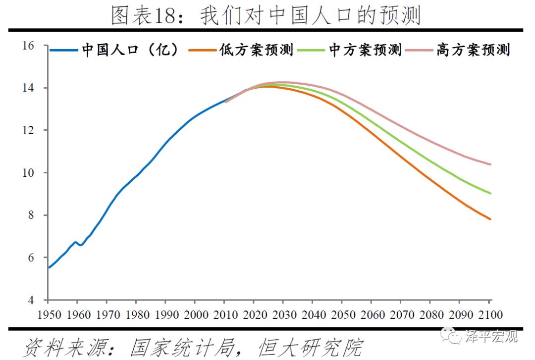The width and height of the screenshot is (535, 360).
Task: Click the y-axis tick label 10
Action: click(x=28, y=173)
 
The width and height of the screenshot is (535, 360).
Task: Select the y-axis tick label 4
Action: click(x=31, y=300)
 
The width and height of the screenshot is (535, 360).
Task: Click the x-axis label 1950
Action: click(x=50, y=314)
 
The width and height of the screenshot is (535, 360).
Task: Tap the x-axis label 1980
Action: click(x=138, y=314)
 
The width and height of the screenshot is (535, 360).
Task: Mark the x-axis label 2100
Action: click(x=490, y=314)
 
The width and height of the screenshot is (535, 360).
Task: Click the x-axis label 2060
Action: click(x=373, y=314)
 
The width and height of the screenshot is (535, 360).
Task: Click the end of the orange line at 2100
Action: click(x=490, y=219)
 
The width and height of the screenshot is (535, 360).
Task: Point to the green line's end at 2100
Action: click(x=490, y=194)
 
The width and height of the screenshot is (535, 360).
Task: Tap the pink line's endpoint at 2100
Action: click(x=490, y=164)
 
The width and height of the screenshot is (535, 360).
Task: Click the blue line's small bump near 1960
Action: click(x=76, y=242)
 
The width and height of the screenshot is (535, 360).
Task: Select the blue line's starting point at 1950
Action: click(x=49, y=267)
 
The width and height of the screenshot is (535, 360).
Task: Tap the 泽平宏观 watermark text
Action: click(x=491, y=336)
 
